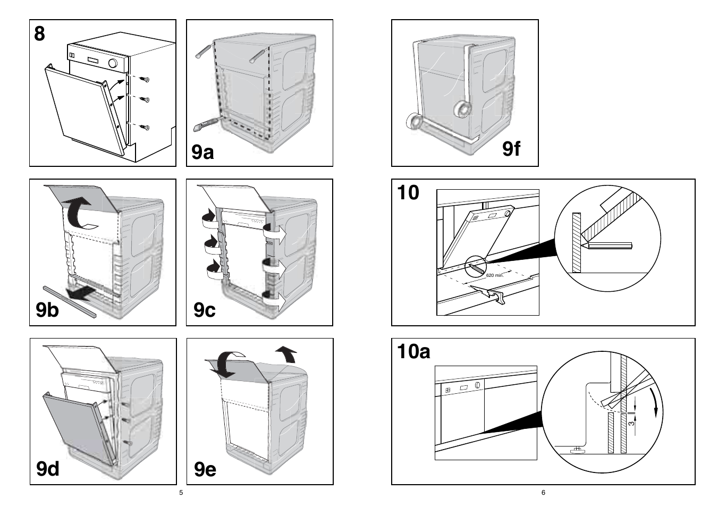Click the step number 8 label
click(40, 33)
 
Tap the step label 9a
click(202, 152)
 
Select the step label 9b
click(47, 309)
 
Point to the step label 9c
click(205, 309)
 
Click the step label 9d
click(48, 469)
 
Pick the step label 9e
click(205, 469)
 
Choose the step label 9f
click(511, 149)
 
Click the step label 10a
click(413, 351)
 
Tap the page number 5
click(181, 493)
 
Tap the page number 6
click(543, 493)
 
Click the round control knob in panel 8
click(113, 63)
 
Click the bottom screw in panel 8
click(146, 127)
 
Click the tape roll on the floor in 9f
click(414, 122)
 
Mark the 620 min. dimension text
click(494, 275)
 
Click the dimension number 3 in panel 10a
click(631, 423)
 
